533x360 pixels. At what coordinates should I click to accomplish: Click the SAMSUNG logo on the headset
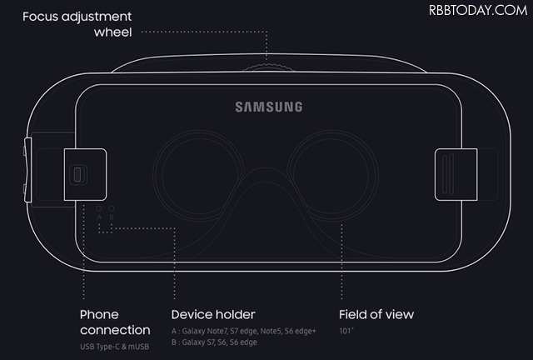coord(268,107)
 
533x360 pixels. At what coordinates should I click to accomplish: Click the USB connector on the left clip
coord(79,174)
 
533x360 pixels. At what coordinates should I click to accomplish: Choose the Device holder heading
coord(213,314)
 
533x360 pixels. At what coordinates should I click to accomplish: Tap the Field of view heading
coord(376,314)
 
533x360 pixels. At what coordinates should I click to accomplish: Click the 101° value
coord(346,331)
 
